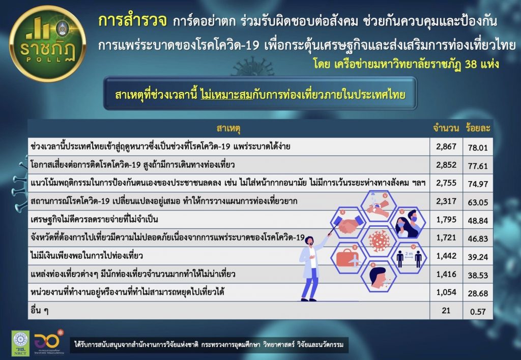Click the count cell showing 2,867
click(x=446, y=146)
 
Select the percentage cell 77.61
click(x=478, y=166)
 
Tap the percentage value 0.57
click(x=478, y=312)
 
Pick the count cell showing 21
click(x=446, y=310)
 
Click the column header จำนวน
click(x=446, y=128)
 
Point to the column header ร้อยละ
click(x=478, y=128)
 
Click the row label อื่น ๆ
click(x=40, y=311)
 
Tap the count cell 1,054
click(x=446, y=292)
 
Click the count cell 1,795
click(x=446, y=219)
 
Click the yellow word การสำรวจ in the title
click(x=132, y=20)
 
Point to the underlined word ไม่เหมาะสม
click(x=226, y=95)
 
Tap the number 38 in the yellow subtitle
click(x=471, y=64)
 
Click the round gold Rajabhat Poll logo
click(x=47, y=44)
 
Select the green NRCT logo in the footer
click(x=20, y=343)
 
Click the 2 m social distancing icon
click(x=409, y=257)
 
